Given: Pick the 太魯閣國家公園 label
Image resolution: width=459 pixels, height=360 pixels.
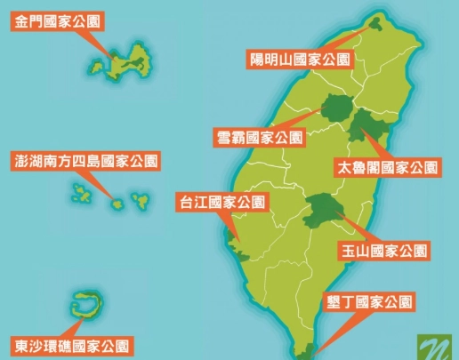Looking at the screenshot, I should tap(387, 166).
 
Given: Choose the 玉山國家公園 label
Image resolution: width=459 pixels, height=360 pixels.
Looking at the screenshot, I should tap(382, 251).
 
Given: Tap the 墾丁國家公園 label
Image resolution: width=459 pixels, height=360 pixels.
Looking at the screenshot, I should tap(367, 302).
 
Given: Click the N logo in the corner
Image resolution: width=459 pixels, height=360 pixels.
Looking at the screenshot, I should tap(435, 345).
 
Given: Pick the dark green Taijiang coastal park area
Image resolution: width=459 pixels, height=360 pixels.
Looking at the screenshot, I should tap(233, 239).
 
